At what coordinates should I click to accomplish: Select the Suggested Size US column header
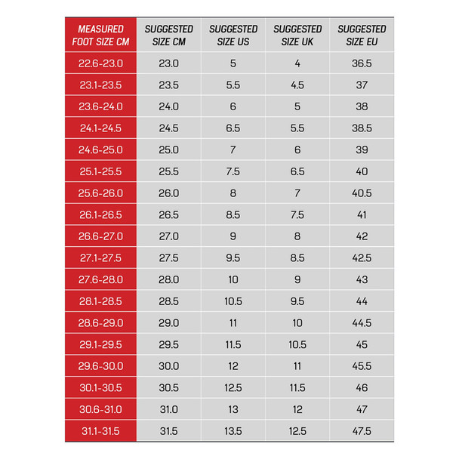(x=233, y=35)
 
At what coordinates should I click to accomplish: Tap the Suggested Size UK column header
(x=297, y=35)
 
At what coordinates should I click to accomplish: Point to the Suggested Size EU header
(x=362, y=35)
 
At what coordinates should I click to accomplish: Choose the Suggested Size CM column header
(x=169, y=35)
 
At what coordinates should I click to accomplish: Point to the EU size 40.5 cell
(x=362, y=193)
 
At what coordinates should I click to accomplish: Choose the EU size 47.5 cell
(x=362, y=431)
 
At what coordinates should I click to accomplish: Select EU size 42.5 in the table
(x=362, y=258)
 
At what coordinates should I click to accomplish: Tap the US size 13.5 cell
(x=233, y=431)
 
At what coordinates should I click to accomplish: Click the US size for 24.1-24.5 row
(x=233, y=128)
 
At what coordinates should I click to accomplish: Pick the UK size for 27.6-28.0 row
(x=297, y=280)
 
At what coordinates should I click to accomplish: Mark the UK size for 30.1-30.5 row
(x=297, y=388)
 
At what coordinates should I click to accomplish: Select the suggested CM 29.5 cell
(x=169, y=345)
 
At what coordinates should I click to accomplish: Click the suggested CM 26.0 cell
(x=169, y=193)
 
